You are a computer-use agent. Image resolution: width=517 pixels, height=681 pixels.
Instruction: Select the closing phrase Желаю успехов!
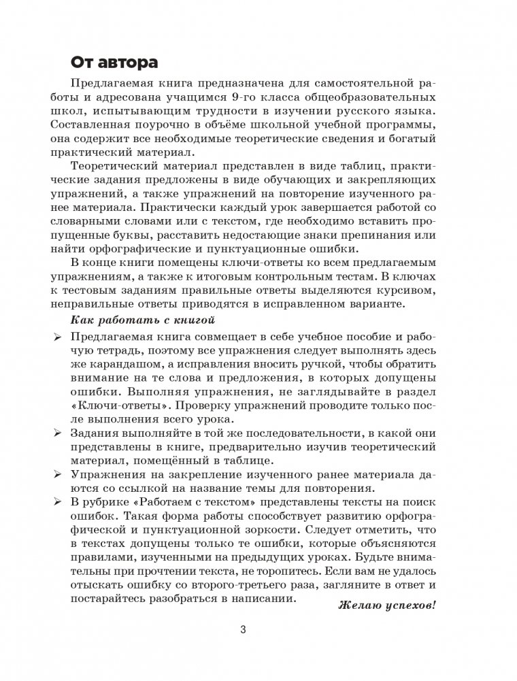[386, 604]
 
